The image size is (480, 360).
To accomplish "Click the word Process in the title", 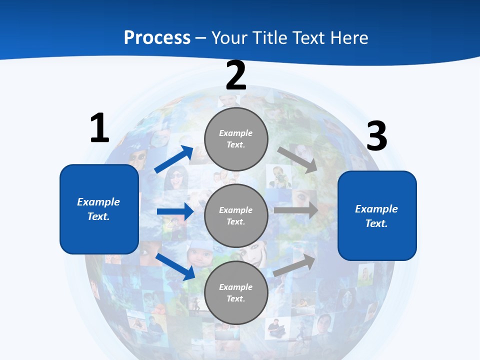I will pyautogui.click(x=157, y=38).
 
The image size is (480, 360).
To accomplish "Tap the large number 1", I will pyautogui.click(x=99, y=128).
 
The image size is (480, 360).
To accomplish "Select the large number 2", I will pyautogui.click(x=236, y=75).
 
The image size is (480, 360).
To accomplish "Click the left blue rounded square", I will pyautogui.click(x=99, y=209).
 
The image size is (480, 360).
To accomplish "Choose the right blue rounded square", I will pyautogui.click(x=377, y=216).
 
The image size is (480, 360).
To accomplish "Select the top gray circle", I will pyautogui.click(x=236, y=138).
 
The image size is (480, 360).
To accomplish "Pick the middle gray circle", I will pyautogui.click(x=236, y=215).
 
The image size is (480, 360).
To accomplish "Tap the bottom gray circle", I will pyautogui.click(x=236, y=292).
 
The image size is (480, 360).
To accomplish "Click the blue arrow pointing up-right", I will pyautogui.click(x=174, y=159).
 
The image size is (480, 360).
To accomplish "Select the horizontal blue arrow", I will pyautogui.click(x=175, y=211).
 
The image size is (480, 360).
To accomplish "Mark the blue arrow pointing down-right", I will pyautogui.click(x=175, y=266).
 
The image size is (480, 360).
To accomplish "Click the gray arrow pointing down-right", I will pyautogui.click(x=297, y=159).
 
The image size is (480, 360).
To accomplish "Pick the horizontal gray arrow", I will pyautogui.click(x=296, y=210).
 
